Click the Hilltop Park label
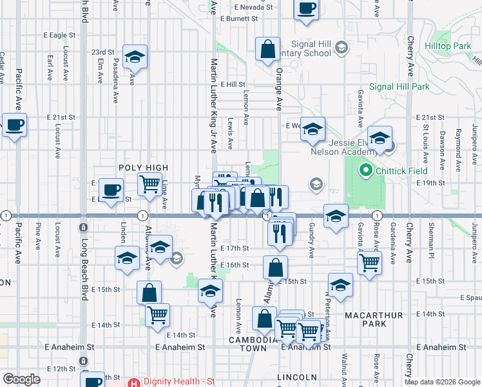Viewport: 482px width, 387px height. tap(448, 46)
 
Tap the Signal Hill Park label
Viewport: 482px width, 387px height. tap(399, 86)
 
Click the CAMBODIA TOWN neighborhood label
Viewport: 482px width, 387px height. tap(249, 343)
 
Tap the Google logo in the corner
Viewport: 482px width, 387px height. tap(21, 379)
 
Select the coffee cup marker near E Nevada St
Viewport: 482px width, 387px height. tap(306, 8)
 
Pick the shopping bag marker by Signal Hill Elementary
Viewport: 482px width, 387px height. tap(267, 49)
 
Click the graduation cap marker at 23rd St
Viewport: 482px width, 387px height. tap(135, 57)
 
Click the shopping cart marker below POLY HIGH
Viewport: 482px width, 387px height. tap(149, 183)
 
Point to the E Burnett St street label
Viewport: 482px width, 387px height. tap(238, 19)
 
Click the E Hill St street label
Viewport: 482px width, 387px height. tap(233, 84)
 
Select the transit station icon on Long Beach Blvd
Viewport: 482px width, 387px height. tap(83, 227)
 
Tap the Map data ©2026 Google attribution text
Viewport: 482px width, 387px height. tap(441, 382)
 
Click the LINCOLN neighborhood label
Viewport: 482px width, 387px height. tap(296, 377)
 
